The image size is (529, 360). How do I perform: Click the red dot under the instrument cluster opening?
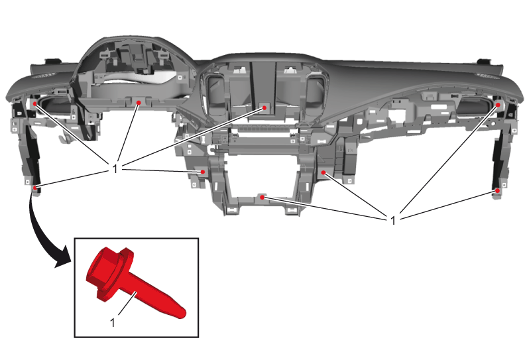click(139, 103)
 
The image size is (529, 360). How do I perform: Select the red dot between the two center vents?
click(264, 107)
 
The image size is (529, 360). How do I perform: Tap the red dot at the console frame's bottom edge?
click(262, 198)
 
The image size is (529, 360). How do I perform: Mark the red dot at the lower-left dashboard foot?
click(34, 187)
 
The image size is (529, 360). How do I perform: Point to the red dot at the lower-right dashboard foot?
click(497, 191)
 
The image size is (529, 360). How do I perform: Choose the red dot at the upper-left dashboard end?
click(34, 103)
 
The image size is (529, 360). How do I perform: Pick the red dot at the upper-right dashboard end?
click(498, 105)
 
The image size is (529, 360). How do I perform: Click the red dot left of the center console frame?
click(203, 172)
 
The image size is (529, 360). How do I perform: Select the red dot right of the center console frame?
click(323, 172)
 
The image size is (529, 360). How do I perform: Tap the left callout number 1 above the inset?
click(115, 168)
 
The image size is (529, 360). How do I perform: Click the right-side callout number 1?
click(392, 221)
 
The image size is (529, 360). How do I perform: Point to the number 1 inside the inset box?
click(113, 323)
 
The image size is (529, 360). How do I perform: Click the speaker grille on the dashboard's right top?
click(488, 76)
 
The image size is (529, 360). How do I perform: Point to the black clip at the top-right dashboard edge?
click(485, 61)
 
